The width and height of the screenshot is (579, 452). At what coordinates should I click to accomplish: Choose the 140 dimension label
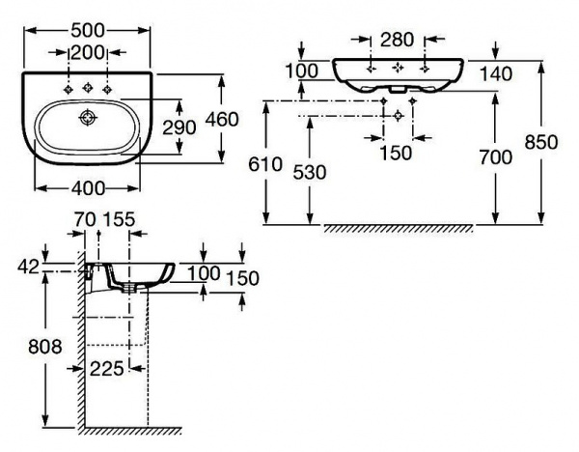(485, 73)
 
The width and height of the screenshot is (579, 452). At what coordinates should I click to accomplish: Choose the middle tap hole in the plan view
(87, 88)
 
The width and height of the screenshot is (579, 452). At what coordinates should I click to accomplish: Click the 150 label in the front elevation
(396, 152)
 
